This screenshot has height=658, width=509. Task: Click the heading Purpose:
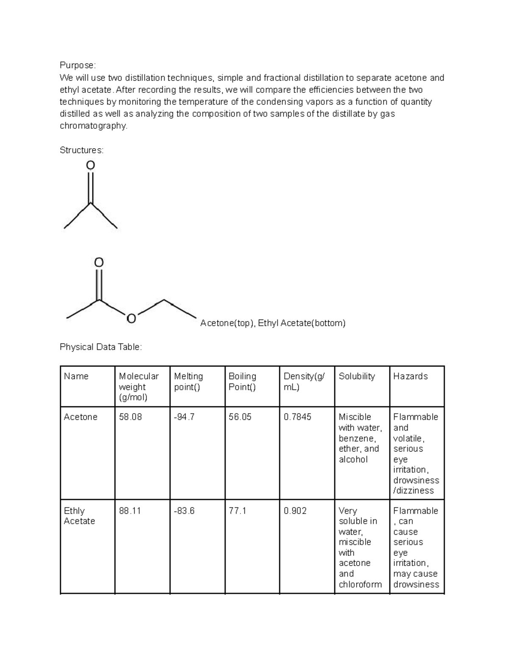tap(78, 65)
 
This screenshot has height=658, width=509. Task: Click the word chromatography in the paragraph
tap(93, 126)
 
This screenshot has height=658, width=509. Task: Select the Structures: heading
tap(81, 150)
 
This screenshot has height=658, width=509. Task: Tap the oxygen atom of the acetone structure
tap(90, 165)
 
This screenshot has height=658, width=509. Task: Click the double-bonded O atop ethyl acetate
tap(98, 262)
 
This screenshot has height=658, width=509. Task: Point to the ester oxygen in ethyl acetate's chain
tap(131, 318)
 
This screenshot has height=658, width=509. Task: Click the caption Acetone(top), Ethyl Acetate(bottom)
tap(273, 323)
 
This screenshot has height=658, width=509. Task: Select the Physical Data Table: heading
tap(101, 347)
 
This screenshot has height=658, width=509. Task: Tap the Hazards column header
tap(410, 376)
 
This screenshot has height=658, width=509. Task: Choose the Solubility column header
tap(357, 376)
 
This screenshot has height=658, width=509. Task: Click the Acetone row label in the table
tap(81, 417)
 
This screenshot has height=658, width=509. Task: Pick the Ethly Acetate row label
tap(79, 516)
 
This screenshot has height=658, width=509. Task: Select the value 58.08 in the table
tap(130, 417)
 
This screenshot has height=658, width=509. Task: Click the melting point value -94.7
tap(184, 417)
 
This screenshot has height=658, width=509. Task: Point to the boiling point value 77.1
tap(237, 511)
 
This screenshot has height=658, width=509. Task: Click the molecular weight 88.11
tap(130, 511)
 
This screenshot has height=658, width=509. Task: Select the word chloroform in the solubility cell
tap(360, 584)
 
